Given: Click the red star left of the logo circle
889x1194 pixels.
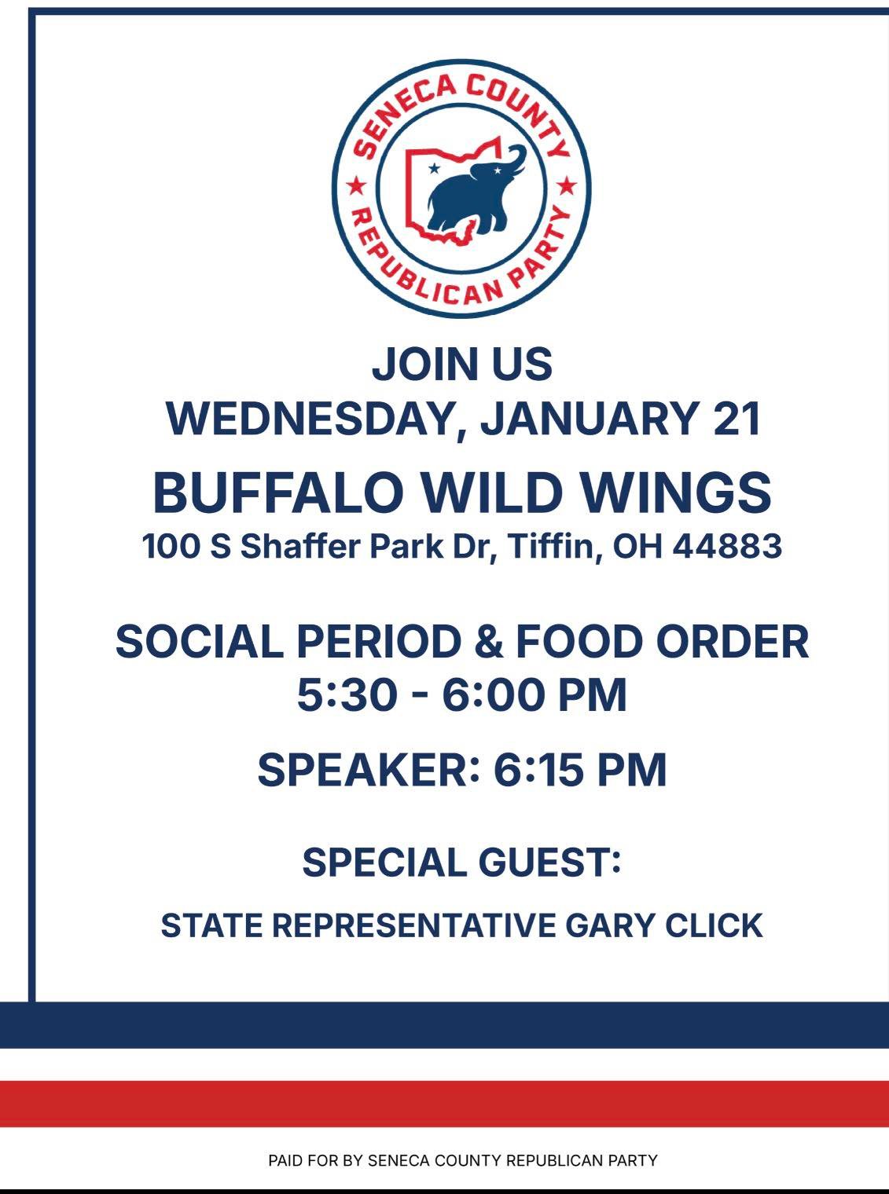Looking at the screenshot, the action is [x=355, y=187].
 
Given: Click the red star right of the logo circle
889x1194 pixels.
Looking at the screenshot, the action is [x=566, y=187].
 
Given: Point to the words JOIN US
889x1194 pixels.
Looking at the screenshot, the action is [x=461, y=364].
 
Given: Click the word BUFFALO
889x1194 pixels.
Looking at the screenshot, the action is [x=278, y=493].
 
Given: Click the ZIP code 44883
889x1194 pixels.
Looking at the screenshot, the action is [x=727, y=546].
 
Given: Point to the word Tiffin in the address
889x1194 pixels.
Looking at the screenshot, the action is [x=555, y=547].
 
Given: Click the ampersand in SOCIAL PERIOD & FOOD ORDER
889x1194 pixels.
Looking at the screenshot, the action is [x=489, y=642].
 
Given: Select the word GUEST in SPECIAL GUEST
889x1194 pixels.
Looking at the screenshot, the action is [x=549, y=863].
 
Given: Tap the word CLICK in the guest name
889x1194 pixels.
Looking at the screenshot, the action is [x=714, y=926].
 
